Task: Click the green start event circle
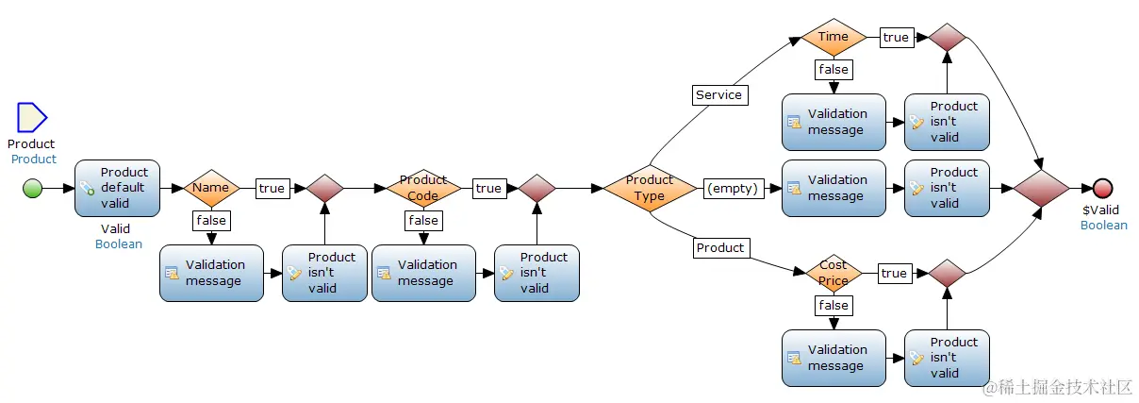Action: (x=33, y=189)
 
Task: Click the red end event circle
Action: (x=1103, y=189)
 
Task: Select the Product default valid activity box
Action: (x=117, y=188)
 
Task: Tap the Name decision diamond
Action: (x=210, y=188)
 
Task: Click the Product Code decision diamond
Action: (x=423, y=188)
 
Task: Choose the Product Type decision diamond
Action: (x=650, y=188)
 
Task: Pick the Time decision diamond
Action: (x=834, y=37)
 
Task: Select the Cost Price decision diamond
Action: (x=834, y=273)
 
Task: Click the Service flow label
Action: (x=718, y=94)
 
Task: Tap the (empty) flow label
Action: (x=732, y=188)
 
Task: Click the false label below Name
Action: (x=211, y=220)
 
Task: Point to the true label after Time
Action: (x=895, y=38)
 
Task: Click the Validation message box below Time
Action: (x=834, y=122)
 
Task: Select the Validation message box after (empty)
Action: (x=834, y=188)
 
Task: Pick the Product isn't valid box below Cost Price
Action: (x=947, y=358)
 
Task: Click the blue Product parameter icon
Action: (x=31, y=117)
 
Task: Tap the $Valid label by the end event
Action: (x=1100, y=210)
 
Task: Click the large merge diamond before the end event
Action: (x=1042, y=188)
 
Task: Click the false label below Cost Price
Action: (x=834, y=305)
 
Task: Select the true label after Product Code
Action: (x=488, y=188)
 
